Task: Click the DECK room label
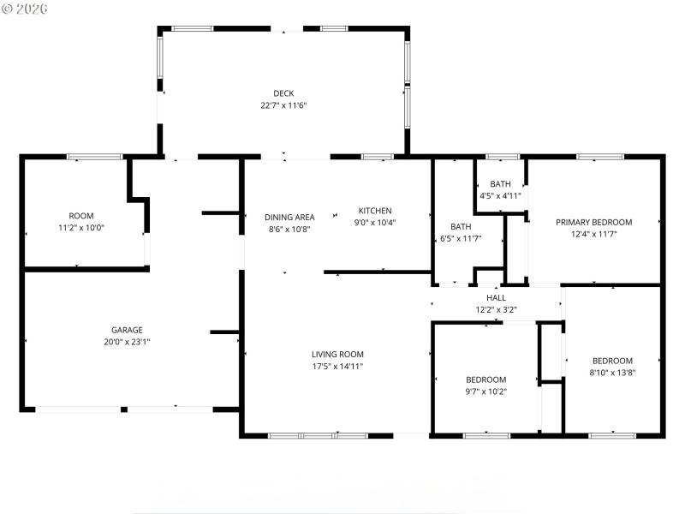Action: tap(283, 93)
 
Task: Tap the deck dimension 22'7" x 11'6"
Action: tap(283, 105)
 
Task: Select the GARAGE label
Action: tap(127, 330)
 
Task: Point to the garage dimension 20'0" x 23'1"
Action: tap(127, 342)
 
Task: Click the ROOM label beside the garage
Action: tap(81, 216)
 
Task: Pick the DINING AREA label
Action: tap(289, 218)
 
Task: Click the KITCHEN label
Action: tap(375, 211)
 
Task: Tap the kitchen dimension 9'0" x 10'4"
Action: tap(375, 223)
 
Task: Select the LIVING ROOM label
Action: tap(337, 355)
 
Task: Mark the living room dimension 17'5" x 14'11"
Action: tap(337, 367)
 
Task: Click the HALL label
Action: tap(497, 298)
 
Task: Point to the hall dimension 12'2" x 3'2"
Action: tap(497, 309)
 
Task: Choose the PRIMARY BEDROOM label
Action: tap(593, 222)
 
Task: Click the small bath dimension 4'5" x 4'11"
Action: tap(500, 196)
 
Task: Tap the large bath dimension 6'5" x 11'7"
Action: tap(461, 238)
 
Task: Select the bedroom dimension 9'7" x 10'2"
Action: tap(485, 391)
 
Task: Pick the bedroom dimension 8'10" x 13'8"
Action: tap(612, 373)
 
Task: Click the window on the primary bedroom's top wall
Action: tap(599, 157)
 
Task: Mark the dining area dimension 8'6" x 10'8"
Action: tap(289, 230)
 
